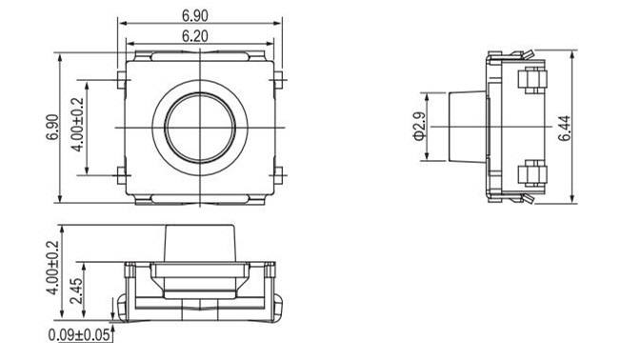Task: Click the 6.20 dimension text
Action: [198, 35]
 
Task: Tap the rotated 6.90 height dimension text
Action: [52, 127]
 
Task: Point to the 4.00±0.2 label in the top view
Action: [78, 127]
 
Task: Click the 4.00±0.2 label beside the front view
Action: [52, 269]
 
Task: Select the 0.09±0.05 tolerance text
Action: [79, 334]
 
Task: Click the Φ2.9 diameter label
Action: [418, 127]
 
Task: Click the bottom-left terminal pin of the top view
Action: [120, 174]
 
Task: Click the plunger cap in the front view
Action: [199, 245]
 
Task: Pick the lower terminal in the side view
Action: [531, 174]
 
